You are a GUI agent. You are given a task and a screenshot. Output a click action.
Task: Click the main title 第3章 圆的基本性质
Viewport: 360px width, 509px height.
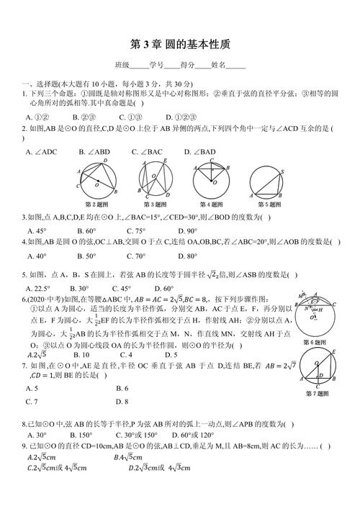click(181, 43)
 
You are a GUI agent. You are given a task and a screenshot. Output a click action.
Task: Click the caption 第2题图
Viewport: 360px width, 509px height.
click(96, 204)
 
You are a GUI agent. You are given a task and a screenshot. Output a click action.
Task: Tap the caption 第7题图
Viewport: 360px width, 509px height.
click(318, 394)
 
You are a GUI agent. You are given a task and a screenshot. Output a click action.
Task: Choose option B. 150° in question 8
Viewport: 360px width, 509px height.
click(81, 436)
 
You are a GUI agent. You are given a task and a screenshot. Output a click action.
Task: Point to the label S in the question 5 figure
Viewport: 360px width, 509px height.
click(282, 171)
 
